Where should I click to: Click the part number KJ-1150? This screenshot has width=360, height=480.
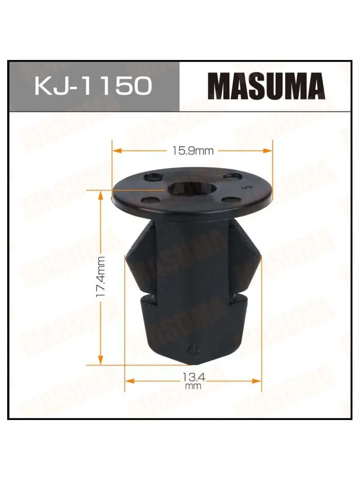(93, 86)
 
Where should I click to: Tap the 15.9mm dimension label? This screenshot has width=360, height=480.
(193, 151)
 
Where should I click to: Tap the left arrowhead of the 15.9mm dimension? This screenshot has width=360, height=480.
(117, 151)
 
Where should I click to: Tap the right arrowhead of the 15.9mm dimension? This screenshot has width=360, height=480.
(268, 151)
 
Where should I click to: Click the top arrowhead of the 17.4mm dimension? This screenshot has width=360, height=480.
(100, 195)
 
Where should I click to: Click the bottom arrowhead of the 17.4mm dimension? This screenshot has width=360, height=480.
(100, 360)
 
